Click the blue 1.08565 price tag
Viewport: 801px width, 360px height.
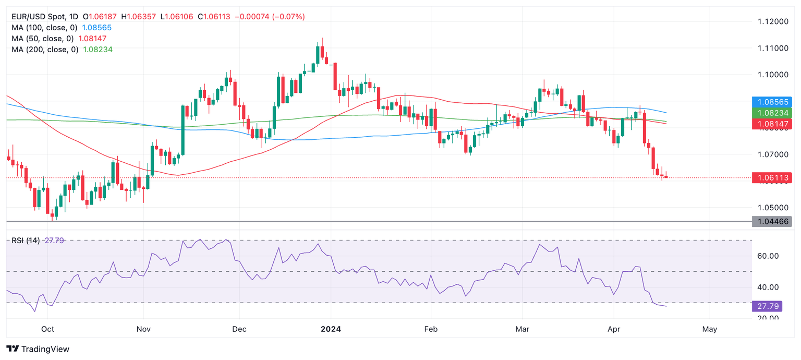771,102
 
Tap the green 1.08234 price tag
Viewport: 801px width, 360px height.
771,113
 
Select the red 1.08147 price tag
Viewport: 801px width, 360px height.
771,124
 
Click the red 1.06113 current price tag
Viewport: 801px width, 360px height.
771,178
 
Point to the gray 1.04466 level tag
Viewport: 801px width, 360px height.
771,222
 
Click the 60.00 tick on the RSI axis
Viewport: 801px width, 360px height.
767,256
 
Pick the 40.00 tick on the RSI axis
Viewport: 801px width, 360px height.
767,287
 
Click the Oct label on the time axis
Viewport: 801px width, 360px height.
47,329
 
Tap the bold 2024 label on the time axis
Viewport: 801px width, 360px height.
331,329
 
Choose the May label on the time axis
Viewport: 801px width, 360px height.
710,329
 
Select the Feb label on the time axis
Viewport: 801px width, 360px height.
431,329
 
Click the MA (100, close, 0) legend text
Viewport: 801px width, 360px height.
44,28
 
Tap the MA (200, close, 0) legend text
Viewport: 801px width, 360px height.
44,50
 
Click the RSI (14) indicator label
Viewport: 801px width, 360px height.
26,241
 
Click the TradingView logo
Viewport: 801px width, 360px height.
38,349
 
